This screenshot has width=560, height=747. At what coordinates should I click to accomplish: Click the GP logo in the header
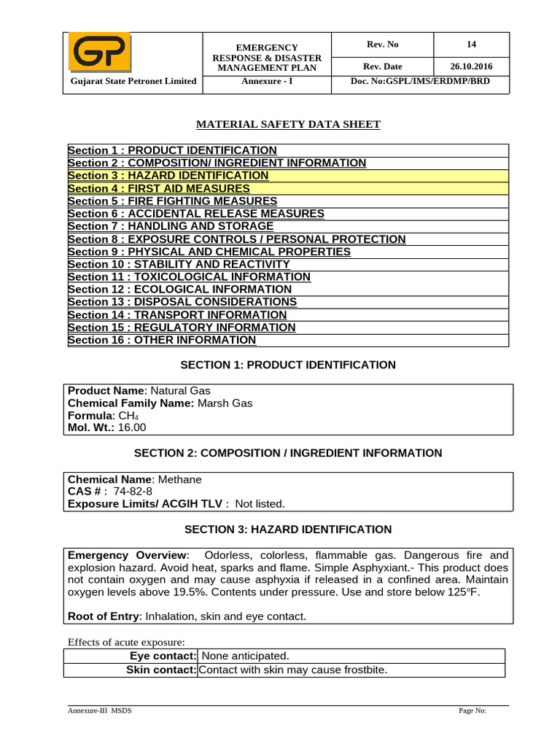click(x=99, y=53)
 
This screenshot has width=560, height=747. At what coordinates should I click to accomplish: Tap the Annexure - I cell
click(x=266, y=81)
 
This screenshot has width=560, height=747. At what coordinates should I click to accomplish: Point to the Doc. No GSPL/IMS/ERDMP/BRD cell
click(x=420, y=81)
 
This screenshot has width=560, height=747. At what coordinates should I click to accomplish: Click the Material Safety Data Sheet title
click(x=288, y=125)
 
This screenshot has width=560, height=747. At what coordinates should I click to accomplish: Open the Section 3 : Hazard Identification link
click(x=168, y=176)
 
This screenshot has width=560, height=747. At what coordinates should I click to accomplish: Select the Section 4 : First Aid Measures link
click(x=159, y=188)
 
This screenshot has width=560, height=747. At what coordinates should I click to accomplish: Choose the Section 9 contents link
click(x=209, y=252)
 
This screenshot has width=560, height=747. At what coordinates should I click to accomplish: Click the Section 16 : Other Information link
click(x=162, y=340)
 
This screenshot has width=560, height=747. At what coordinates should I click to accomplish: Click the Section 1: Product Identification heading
click(x=288, y=365)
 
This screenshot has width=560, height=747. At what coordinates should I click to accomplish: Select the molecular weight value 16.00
click(x=131, y=427)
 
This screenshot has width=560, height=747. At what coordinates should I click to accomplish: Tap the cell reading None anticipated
click(x=244, y=657)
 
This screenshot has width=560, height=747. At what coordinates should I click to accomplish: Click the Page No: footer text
click(x=472, y=711)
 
